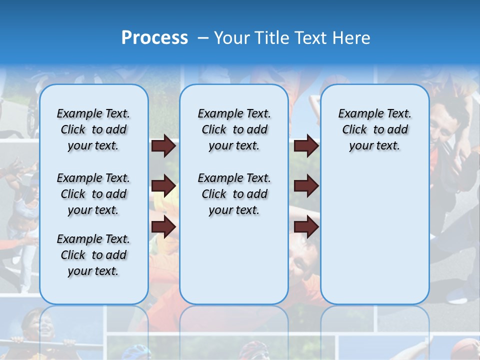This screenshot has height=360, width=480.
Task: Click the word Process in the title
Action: coord(154,38)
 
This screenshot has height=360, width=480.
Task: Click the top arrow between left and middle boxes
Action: coord(163,146)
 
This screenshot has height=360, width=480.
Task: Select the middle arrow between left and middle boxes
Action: coord(163,186)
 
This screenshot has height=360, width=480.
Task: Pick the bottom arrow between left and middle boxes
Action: coord(163,227)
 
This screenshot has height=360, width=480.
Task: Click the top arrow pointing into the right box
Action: coord(306,146)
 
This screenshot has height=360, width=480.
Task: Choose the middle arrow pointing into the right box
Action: coord(306,186)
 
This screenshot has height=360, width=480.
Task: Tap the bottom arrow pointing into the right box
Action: coord(306,227)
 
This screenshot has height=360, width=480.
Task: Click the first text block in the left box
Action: coord(93,129)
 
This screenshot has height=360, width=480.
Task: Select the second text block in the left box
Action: coord(93,194)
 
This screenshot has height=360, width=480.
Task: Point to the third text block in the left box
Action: coord(93,255)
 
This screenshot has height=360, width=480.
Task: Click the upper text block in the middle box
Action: coord(234,129)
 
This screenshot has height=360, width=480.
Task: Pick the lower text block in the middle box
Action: coord(234,194)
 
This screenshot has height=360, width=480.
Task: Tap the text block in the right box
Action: coord(374,129)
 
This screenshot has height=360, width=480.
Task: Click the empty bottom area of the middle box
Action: coord(234,265)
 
